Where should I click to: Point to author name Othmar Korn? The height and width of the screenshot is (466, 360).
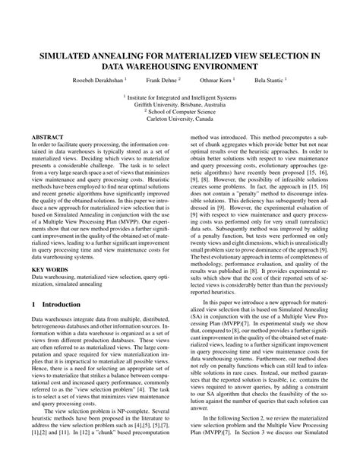[216, 79]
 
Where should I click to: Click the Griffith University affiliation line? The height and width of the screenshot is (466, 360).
[179, 105]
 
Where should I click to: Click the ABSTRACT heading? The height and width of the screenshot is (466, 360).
[46, 137]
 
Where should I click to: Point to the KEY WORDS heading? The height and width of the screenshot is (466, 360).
[49, 248]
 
